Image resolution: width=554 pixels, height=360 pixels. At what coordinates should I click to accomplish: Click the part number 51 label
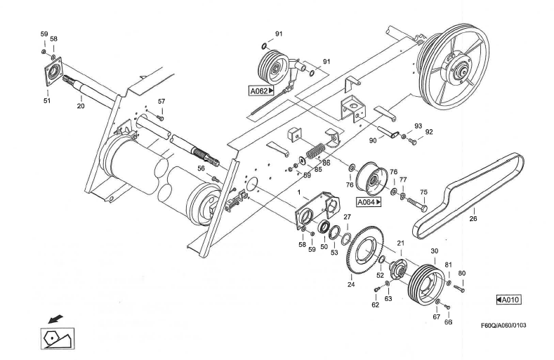click(x=47, y=101)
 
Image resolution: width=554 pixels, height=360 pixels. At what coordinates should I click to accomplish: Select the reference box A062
click(x=260, y=91)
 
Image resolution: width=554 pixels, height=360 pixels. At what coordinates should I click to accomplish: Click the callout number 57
click(x=161, y=102)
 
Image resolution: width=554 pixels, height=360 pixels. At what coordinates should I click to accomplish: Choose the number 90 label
click(x=373, y=140)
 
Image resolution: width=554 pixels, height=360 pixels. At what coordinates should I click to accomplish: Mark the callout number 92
click(x=428, y=131)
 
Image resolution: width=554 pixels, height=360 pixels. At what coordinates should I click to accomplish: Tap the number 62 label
click(x=374, y=305)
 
